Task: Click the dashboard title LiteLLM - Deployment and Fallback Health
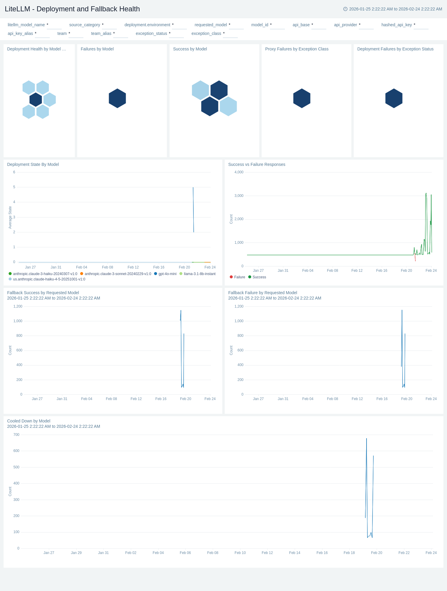point(72,9)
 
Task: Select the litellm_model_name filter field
point(54,25)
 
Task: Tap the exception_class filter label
point(206,33)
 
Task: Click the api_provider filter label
point(345,25)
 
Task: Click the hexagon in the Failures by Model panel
point(117,98)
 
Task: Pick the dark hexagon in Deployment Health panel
point(36,100)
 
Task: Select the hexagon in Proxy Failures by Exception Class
point(302,98)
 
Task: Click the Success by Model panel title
point(190,49)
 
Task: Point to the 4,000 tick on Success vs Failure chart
point(239,172)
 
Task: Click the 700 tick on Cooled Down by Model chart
point(16,435)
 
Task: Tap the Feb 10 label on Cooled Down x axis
point(240,553)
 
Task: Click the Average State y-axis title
point(10,217)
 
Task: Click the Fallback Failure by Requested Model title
point(263,293)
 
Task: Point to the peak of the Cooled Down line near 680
point(367,439)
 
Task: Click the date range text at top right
point(395,9)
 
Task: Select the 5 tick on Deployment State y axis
point(14,187)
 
